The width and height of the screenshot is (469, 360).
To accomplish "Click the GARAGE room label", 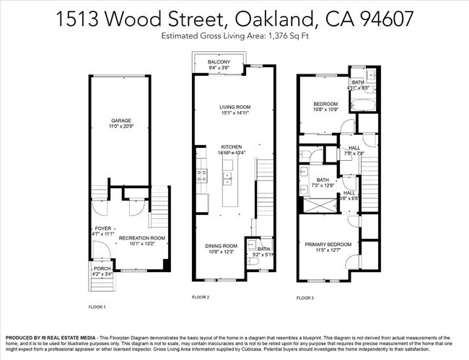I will click(x=120, y=120).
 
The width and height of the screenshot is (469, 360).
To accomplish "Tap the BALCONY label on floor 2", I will click(x=219, y=63).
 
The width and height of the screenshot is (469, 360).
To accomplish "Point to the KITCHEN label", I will click(x=232, y=146).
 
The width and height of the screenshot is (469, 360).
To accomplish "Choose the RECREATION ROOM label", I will click(x=142, y=237).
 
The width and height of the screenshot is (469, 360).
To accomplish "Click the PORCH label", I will click(x=102, y=268).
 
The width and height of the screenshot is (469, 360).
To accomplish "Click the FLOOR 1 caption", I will click(x=97, y=307).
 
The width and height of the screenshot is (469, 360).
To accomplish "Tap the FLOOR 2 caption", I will click(x=201, y=297).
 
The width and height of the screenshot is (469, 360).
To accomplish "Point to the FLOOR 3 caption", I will click(x=306, y=297).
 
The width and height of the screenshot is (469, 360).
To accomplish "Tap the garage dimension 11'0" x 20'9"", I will click(x=120, y=126).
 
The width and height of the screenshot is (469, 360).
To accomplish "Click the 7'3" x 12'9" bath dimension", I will click(x=323, y=185).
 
